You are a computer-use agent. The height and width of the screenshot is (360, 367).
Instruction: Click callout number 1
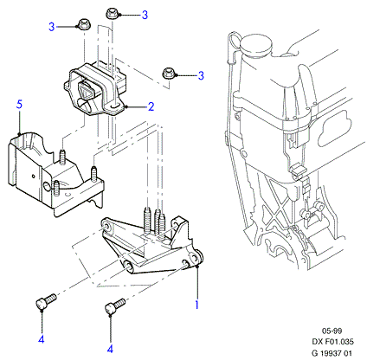pyautogui.click(x=197, y=305)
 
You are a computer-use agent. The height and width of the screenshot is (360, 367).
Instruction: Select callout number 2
pyautogui.click(x=151, y=106)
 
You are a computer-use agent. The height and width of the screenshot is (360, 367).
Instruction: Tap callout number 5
pyautogui.click(x=19, y=104)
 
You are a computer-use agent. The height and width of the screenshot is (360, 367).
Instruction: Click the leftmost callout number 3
pyautogui.click(x=51, y=27)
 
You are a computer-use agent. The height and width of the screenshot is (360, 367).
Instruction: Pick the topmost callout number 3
pyautogui.click(x=145, y=15)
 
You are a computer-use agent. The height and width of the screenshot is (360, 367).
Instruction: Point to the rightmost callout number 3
pyautogui.click(x=201, y=75)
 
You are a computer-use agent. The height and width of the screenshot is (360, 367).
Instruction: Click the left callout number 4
pyautogui.click(x=42, y=339)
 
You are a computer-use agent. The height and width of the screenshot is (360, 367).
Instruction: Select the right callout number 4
pyautogui.click(x=110, y=350)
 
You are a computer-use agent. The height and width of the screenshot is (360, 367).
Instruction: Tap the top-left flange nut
pyautogui.click(x=84, y=24)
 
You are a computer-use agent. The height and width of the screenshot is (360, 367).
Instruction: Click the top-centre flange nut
pyautogui.click(x=112, y=14)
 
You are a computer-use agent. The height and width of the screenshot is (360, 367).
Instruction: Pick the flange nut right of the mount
pyautogui.click(x=168, y=73)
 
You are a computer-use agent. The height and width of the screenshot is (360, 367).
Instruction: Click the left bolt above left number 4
pyautogui.click(x=46, y=301)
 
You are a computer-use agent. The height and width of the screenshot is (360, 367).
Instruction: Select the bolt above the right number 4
pyautogui.click(x=115, y=306)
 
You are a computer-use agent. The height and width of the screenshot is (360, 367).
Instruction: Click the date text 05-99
pyautogui.click(x=332, y=331)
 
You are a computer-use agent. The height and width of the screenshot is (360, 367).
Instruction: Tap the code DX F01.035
pyautogui.click(x=332, y=342)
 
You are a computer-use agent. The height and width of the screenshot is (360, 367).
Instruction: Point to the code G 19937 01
pyautogui.click(x=332, y=353)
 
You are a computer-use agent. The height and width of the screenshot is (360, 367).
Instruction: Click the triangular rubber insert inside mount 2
pyautogui.click(x=86, y=90)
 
